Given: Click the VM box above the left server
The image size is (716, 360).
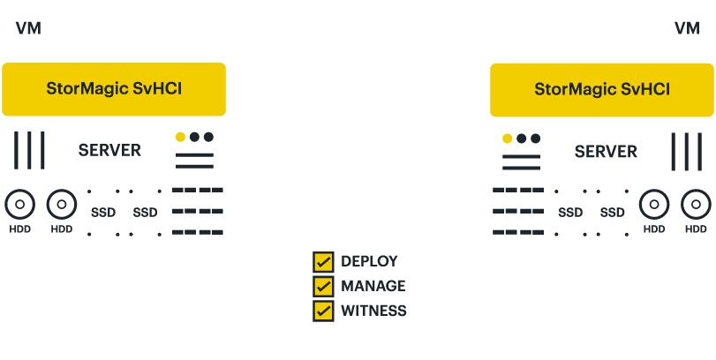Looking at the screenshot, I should pyautogui.click(x=27, y=28).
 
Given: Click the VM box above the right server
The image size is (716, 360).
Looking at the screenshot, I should pyautogui.click(x=687, y=28).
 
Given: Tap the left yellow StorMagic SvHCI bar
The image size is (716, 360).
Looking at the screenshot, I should pyautogui.click(x=114, y=89).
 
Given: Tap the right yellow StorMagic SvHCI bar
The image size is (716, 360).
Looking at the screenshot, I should pyautogui.click(x=602, y=89).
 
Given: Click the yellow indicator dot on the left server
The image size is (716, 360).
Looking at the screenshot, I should pyautogui.click(x=180, y=137).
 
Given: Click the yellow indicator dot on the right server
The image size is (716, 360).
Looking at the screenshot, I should pyautogui.click(x=508, y=139).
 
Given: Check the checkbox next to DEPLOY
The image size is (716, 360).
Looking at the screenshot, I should pyautogui.click(x=324, y=262).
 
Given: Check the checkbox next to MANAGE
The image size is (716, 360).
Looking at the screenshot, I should pyautogui.click(x=324, y=286).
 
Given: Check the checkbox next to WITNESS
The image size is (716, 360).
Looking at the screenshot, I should pyautogui.click(x=324, y=311).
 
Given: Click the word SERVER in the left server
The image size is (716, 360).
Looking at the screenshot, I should pyautogui.click(x=109, y=150).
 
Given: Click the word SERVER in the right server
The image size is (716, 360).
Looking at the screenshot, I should pyautogui.click(x=606, y=152).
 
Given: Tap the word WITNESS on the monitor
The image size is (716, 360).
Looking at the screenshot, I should pyautogui.click(x=373, y=311).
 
